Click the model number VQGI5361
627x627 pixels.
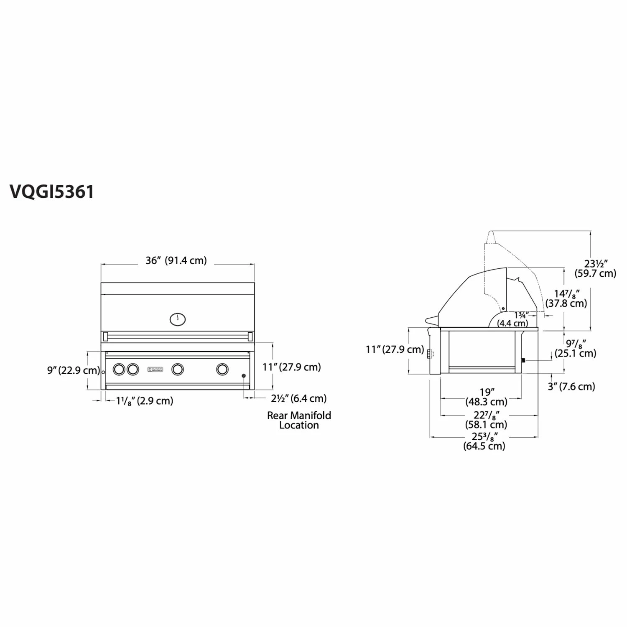[52, 192]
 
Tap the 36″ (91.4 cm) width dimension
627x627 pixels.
[176, 260]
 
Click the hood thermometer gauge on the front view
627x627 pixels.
[178, 319]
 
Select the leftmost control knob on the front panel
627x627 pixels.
[119, 369]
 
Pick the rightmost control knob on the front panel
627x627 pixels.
[222, 369]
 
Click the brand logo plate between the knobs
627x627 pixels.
[155, 369]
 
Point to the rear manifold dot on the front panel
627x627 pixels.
[244, 376]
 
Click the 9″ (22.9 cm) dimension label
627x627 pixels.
[73, 370]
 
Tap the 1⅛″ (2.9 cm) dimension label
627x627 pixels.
[145, 401]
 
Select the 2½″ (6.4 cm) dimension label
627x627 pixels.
[298, 398]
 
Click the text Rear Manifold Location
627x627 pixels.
[299, 420]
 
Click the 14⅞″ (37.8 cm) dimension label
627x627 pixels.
[566, 298]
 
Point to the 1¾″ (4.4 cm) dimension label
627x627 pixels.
[513, 319]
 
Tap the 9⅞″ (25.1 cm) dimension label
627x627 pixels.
[576, 349]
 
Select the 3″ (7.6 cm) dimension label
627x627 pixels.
[571, 387]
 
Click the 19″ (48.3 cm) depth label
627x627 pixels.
[487, 397]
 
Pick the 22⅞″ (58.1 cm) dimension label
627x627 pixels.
[486, 420]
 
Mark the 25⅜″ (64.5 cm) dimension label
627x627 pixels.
[484, 441]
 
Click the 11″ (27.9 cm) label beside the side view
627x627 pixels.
[395, 349]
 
